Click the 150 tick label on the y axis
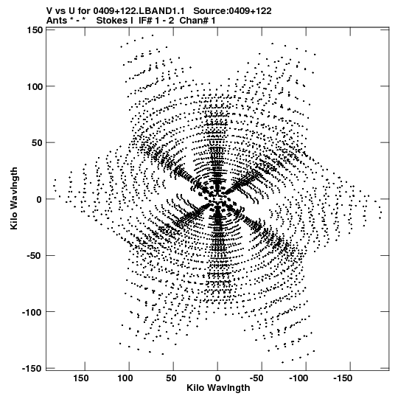(35, 30)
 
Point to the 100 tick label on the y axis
(35, 86)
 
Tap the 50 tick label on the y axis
(37, 143)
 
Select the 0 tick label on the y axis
(39, 199)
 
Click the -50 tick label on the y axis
(35, 256)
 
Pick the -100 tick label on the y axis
(32, 312)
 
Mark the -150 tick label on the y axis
(32, 369)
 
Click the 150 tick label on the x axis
(81, 378)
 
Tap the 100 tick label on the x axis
(125, 378)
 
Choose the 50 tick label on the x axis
(172, 378)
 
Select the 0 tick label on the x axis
(217, 378)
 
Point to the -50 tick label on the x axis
(256, 378)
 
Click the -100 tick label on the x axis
(298, 378)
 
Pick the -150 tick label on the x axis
(343, 378)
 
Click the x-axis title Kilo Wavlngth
(218, 388)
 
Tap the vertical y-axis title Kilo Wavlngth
(14, 198)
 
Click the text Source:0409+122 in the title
(232, 11)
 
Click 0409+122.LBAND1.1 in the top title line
(139, 11)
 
